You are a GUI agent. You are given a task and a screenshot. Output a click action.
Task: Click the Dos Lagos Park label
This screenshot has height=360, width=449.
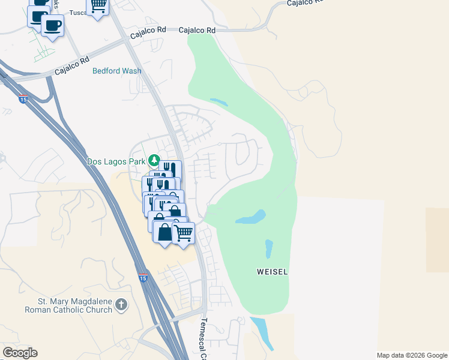pos(118,161)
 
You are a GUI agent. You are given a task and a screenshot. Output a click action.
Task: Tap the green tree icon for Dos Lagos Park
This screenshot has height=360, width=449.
pos(154,160)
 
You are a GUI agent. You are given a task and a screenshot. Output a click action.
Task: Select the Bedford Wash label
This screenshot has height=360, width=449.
pos(117,71)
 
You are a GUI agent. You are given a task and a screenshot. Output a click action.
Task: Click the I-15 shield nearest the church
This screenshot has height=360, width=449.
pos(142,278)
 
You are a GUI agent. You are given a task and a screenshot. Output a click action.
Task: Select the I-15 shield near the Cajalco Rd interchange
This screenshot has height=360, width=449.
pos(23,98)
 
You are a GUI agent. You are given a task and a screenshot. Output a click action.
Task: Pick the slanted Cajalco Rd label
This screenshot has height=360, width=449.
pos(71,65)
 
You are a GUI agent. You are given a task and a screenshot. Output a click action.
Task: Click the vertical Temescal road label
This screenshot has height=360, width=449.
pos(203,339)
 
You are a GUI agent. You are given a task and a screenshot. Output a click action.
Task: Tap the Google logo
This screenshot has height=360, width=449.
pos(20,353)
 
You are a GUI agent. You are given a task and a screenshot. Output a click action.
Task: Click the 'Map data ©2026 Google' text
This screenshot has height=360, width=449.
pos(412,355)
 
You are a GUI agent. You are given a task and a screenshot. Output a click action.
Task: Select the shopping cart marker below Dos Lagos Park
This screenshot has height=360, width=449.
pos(184,232)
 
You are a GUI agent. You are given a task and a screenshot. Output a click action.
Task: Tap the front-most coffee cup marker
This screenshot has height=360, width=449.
pos(52,26)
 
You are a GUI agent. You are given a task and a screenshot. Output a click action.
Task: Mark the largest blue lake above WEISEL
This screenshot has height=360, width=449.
pos(251,217)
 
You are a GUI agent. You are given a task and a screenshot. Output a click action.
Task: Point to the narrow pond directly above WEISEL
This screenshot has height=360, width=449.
pos(268,247)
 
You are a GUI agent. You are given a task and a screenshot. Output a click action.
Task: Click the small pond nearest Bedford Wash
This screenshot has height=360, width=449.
pos(218,102)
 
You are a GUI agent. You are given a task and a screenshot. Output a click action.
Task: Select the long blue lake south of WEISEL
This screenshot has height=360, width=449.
pos(262,332)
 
